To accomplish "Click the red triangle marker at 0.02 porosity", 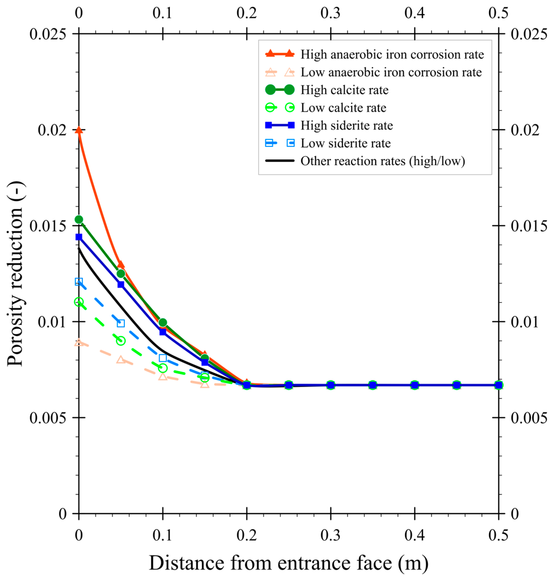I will tap(79, 130).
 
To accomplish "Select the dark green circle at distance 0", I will tap(79, 219).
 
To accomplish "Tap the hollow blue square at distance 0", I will tap(79, 281).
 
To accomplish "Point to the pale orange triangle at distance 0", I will tap(79, 343).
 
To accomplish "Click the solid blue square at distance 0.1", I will tap(163, 332).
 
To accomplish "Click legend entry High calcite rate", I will tap(344, 90).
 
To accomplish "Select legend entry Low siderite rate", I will tap(346, 143).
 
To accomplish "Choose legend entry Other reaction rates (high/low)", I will tap(383, 161).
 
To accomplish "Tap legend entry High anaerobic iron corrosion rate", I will tap(392, 54).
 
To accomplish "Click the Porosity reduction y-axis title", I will tap(15, 274).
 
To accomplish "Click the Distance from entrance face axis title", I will tap(288, 563).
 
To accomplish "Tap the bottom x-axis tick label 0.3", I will tap(330, 535).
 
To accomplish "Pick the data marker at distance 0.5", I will tap(499, 385).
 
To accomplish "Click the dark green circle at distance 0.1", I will tap(163, 322).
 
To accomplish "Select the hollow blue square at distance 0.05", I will tap(121, 323).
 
